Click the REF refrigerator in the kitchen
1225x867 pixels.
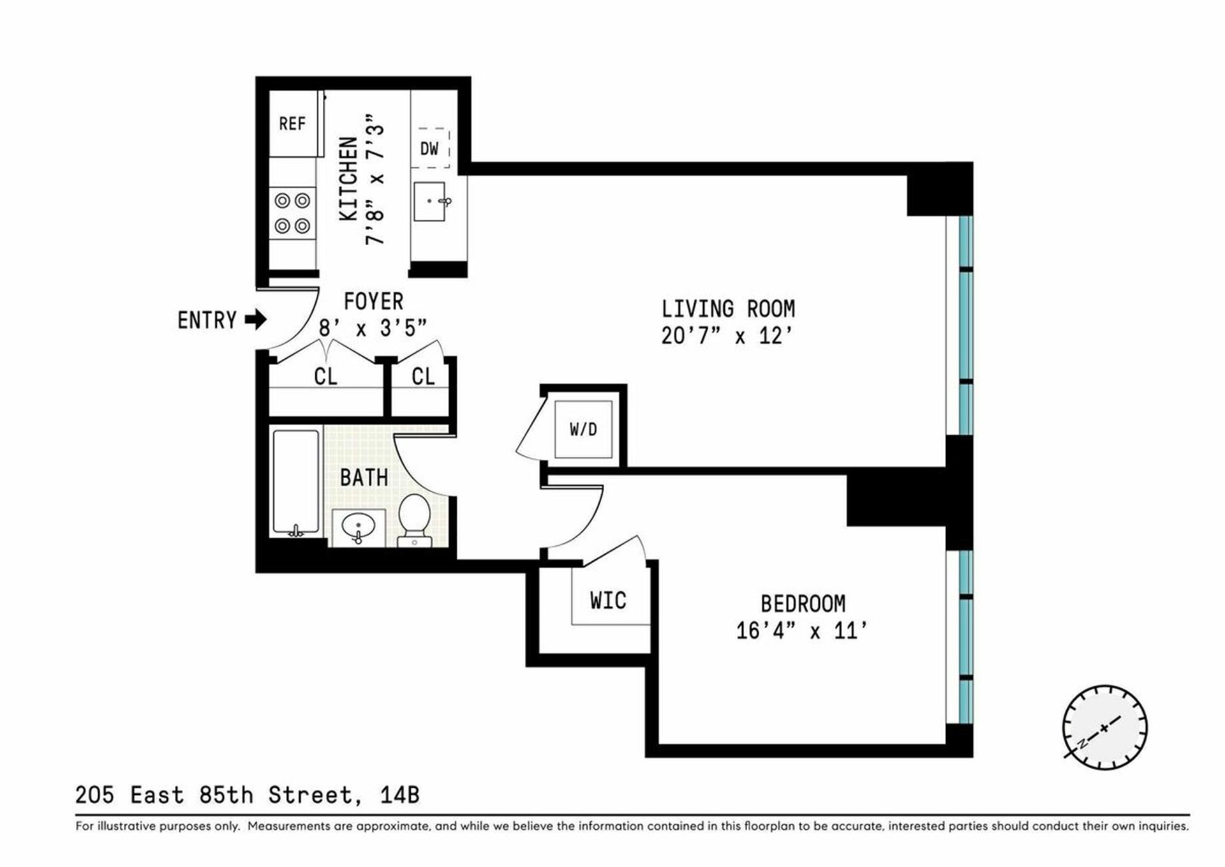tap(293, 123)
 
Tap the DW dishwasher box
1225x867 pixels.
tap(430, 149)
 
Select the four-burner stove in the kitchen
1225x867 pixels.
tap(292, 213)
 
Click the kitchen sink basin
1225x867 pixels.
tap(429, 202)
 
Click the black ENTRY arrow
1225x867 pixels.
tap(256, 319)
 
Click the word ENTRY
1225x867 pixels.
tap(207, 320)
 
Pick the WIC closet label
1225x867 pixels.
tap(608, 600)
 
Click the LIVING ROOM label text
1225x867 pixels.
tap(728, 309)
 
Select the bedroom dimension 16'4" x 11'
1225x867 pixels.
tap(801, 631)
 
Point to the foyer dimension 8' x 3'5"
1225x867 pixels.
tap(372, 328)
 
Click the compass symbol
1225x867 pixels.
tap(1104, 727)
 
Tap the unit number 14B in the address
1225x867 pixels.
tap(399, 795)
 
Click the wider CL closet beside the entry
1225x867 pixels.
tap(325, 377)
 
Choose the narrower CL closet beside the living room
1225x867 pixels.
tap(423, 377)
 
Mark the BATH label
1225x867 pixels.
tap(364, 477)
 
